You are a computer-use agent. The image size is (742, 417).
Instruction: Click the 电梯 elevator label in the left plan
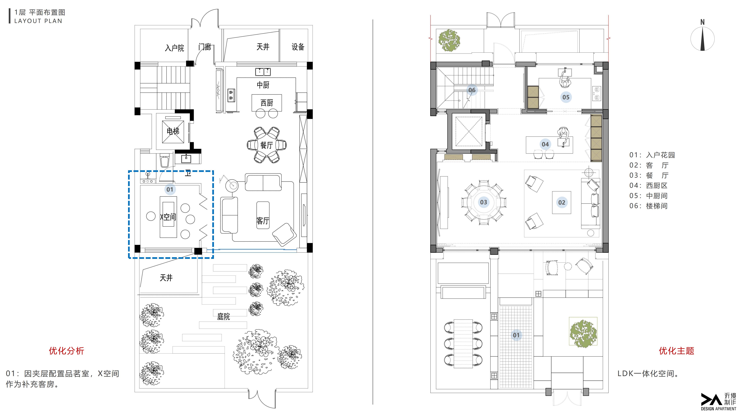[173, 131]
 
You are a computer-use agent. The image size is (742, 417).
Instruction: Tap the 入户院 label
[174, 48]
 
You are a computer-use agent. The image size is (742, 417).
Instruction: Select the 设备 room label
[298, 47]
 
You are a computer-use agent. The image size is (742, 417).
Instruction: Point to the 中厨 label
[263, 85]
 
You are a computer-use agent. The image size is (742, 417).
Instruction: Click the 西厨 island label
[267, 103]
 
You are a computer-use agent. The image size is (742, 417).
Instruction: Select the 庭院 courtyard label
[223, 317]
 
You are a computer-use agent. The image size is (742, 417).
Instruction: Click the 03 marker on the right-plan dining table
[484, 202]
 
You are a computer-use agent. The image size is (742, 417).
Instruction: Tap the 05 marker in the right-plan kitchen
[566, 97]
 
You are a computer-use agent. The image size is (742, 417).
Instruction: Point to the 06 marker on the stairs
[472, 90]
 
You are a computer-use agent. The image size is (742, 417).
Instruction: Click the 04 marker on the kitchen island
[545, 144]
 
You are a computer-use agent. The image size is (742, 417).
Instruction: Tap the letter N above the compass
[703, 22]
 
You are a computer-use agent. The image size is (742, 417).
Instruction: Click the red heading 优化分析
[67, 351]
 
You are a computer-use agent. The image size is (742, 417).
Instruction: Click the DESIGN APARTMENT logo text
[718, 409]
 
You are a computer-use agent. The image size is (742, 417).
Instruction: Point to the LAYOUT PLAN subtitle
[38, 21]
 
